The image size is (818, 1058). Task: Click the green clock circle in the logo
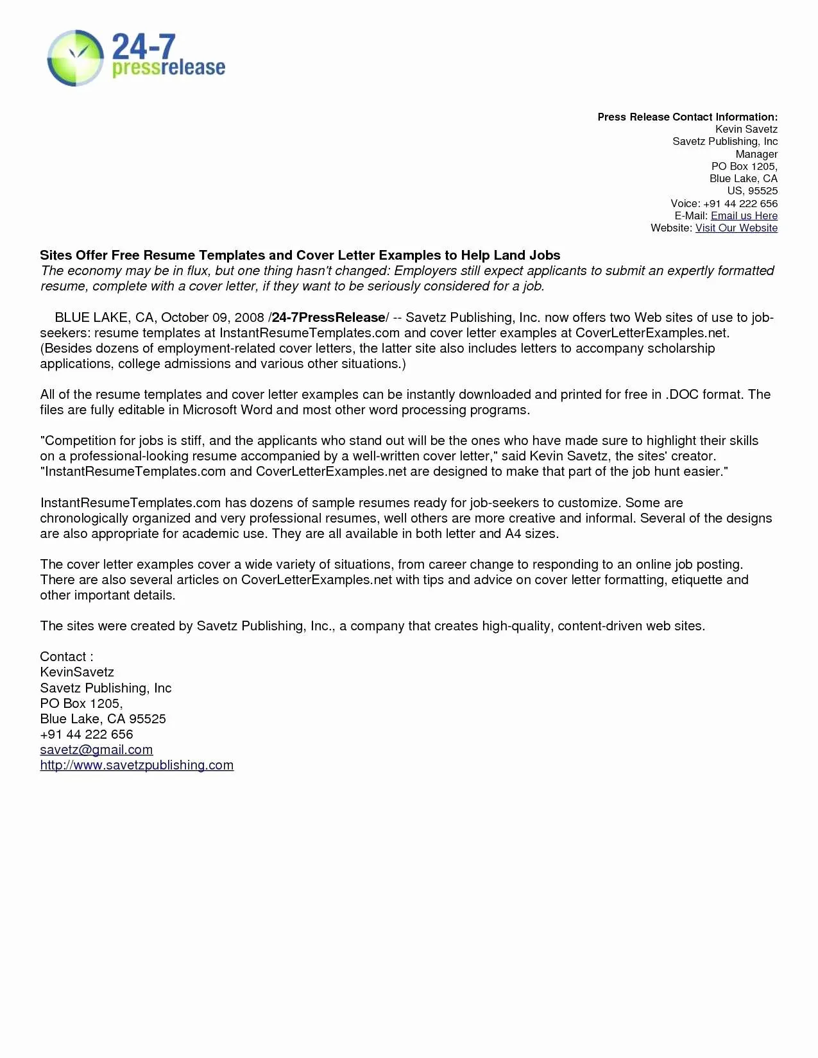pos(76,58)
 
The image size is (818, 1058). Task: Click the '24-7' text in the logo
pos(143,47)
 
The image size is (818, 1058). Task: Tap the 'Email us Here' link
pos(744,216)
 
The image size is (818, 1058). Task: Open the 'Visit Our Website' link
pos(736,228)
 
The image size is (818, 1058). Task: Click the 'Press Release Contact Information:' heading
pos(687,117)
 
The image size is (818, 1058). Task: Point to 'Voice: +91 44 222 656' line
pos(724,204)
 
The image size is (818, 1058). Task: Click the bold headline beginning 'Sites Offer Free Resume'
pos(300,255)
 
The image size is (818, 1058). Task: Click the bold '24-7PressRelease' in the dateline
pos(328,318)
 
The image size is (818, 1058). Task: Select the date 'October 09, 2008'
pos(212,318)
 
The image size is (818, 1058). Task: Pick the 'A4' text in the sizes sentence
pos(513,534)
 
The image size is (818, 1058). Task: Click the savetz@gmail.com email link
pos(96,750)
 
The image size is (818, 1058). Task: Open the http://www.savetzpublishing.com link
pos(137,766)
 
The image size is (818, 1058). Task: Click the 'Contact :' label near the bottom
pos(66,657)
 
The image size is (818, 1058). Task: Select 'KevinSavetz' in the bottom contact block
pos(77,673)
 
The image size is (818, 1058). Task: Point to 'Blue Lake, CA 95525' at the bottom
pos(103,719)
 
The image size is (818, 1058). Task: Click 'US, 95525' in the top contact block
pos(752,191)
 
